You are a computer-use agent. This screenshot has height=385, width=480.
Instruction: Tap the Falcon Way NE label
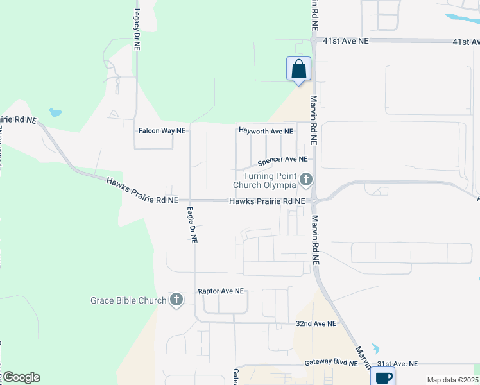coord(162,130)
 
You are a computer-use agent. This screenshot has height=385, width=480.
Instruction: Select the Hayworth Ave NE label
coord(266,131)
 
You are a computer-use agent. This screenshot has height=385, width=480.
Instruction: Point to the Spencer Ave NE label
coord(282,159)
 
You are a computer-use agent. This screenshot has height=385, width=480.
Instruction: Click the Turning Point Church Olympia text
coord(269,180)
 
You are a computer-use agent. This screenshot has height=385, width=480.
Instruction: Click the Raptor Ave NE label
coord(221,291)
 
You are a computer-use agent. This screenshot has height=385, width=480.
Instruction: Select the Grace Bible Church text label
coord(128,300)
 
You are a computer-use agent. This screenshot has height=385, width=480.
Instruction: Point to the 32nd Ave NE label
coord(316,324)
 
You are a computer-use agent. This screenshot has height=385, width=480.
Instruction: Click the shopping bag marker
coord(298,68)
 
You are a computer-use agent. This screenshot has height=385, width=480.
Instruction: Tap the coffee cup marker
coord(384,377)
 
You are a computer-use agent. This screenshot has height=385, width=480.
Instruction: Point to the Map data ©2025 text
coord(452,380)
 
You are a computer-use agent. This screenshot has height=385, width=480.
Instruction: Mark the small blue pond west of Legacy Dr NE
coord(55,112)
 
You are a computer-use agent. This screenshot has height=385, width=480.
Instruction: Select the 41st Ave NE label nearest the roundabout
coord(346,40)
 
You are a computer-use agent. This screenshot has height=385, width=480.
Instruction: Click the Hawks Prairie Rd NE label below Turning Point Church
coord(267,201)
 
